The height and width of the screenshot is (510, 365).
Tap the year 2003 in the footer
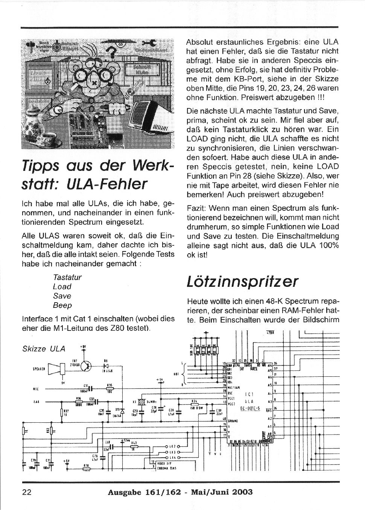click(240, 492)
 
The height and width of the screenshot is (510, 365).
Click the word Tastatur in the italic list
click(67, 277)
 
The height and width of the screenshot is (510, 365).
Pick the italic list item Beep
click(62, 305)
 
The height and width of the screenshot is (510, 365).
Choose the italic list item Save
click(62, 296)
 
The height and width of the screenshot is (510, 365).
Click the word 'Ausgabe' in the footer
click(124, 492)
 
